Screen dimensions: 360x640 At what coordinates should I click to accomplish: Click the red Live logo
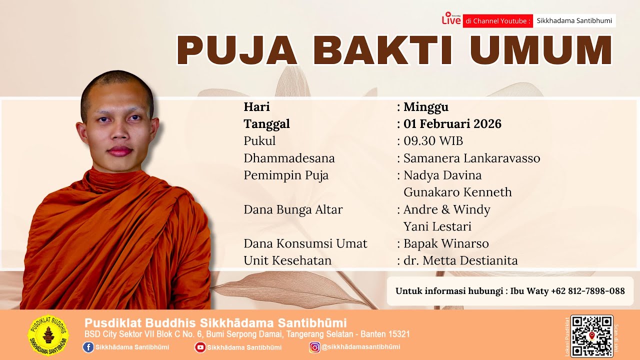451,19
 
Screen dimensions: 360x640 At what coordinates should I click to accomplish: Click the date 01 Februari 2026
452,124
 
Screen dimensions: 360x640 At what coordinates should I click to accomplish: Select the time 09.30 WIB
433,141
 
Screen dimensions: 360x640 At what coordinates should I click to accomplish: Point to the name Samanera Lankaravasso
471,158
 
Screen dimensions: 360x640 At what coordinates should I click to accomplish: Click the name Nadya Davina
442,175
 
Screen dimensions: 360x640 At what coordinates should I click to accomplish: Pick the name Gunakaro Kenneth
457,192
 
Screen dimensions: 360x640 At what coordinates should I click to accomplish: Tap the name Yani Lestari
437,226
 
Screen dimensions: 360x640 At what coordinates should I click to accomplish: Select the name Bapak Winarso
446,243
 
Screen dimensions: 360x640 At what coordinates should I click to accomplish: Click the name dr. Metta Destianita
460,260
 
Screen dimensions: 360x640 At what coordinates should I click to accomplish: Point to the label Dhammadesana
289,158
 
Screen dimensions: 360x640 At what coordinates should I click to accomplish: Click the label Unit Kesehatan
287,260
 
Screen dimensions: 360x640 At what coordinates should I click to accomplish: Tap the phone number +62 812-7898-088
587,291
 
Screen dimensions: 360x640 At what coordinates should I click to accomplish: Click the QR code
591,336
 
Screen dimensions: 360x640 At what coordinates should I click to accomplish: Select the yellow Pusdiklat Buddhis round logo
48,336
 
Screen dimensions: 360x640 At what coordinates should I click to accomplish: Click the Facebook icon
88,347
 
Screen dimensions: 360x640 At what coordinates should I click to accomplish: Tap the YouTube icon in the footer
200,347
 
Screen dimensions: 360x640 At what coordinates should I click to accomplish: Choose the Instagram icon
314,347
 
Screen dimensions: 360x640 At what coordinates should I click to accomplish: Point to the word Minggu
425,107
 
